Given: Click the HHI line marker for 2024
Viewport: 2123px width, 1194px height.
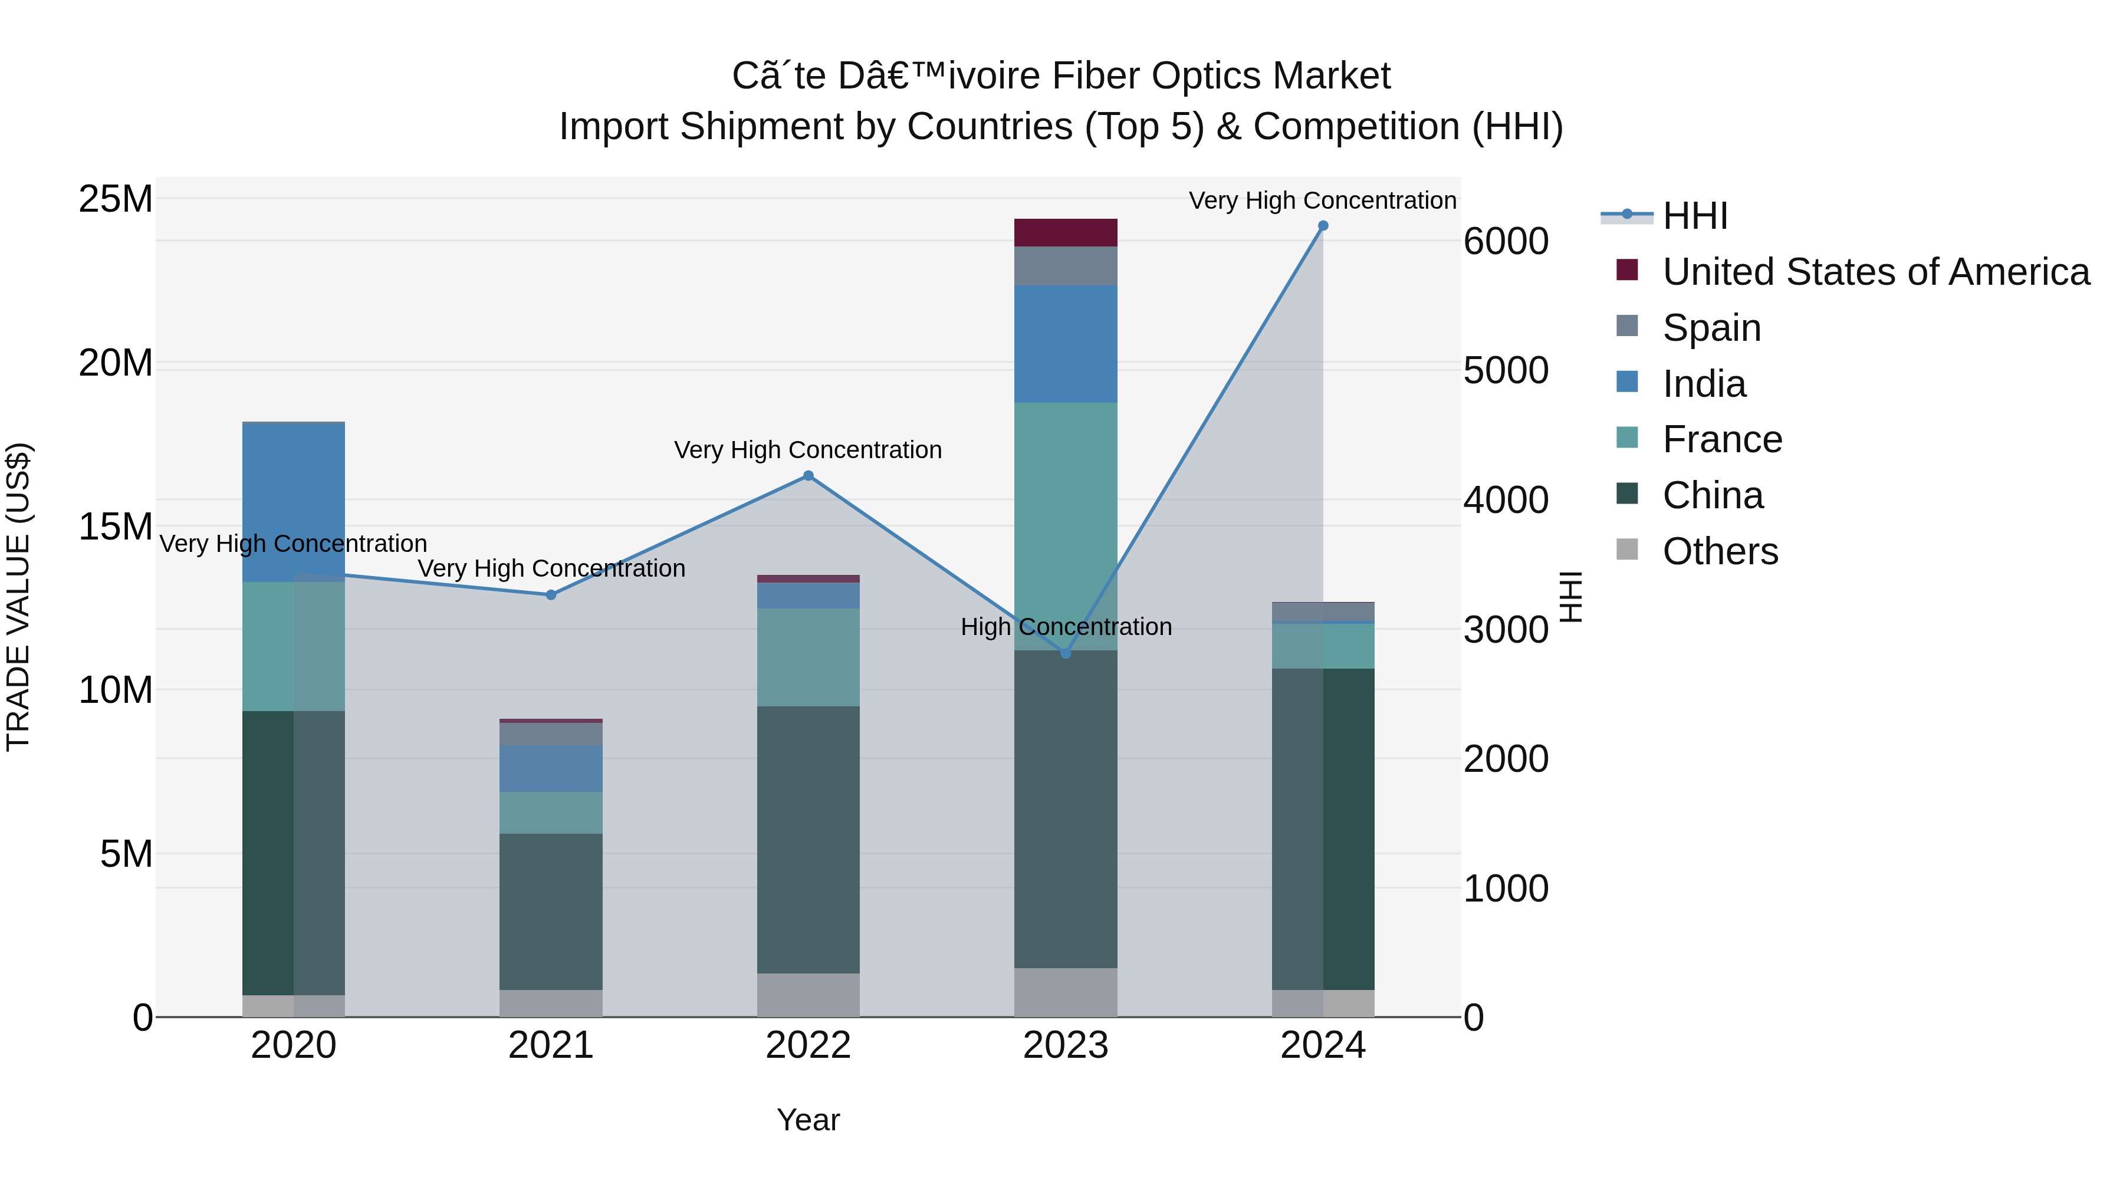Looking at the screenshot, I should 1323,226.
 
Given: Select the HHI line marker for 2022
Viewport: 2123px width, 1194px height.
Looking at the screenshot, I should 808,475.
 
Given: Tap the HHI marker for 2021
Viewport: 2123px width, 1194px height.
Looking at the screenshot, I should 551,594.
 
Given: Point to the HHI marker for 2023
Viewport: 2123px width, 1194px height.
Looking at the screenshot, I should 1065,653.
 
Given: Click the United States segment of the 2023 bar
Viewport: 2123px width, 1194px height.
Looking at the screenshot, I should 1065,232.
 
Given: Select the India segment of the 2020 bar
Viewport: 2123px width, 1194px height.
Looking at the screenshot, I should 294,502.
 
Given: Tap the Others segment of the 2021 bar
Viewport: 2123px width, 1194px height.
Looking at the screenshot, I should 551,1003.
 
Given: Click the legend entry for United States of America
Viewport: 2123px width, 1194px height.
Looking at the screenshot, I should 1875,271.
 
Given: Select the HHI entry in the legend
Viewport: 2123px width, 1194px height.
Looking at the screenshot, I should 1694,216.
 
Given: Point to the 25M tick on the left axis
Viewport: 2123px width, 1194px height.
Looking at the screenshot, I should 116,199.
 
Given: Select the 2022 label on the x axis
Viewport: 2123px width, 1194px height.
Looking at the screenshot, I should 808,1045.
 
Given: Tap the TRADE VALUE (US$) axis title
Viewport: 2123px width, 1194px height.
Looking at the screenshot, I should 18,597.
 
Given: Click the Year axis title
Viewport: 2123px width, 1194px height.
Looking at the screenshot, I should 808,1120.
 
